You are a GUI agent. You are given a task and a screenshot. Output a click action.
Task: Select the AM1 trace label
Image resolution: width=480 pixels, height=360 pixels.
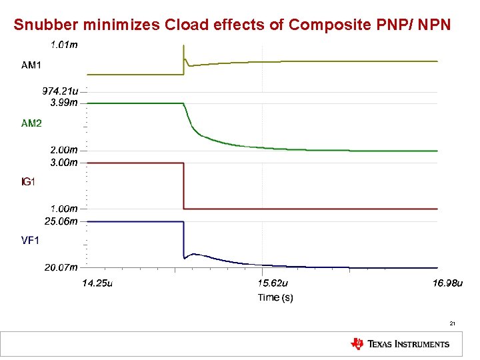(x=31, y=65)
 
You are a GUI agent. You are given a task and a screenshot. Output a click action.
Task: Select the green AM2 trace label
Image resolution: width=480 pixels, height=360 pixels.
(x=31, y=123)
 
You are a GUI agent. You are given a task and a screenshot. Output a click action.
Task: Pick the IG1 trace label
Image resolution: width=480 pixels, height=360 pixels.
(x=29, y=181)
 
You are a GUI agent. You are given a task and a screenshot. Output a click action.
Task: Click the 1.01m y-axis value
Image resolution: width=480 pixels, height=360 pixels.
(x=64, y=45)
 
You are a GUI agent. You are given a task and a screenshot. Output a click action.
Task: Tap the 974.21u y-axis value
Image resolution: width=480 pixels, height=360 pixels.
(x=61, y=92)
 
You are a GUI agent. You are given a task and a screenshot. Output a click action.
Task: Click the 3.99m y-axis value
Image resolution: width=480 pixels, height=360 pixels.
(x=64, y=103)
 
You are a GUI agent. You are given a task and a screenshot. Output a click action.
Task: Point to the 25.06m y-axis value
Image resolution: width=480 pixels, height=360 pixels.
(x=61, y=221)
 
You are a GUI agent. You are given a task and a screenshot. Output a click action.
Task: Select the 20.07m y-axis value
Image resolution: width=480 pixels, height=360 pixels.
(x=61, y=267)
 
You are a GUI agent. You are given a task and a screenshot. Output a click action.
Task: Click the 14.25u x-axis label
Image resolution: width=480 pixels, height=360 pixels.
(x=97, y=283)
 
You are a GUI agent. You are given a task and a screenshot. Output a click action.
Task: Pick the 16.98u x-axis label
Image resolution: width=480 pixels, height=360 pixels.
(x=447, y=283)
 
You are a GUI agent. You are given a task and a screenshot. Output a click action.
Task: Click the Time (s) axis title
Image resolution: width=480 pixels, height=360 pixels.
(x=275, y=297)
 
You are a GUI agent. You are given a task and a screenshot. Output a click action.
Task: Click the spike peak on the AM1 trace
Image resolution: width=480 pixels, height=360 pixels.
(x=183, y=46)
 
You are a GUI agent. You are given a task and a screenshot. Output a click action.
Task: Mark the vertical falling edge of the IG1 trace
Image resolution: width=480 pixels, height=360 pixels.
(x=183, y=187)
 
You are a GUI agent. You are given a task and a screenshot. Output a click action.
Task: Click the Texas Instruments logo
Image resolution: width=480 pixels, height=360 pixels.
(x=400, y=344)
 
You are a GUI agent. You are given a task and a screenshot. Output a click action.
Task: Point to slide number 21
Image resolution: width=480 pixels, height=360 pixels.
(x=452, y=323)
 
